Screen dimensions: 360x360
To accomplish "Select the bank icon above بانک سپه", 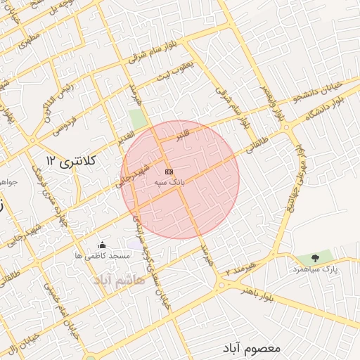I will [169, 171].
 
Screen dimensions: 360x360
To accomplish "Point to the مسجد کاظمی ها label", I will [103, 257].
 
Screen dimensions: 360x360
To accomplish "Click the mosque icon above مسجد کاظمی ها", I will [103, 245].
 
